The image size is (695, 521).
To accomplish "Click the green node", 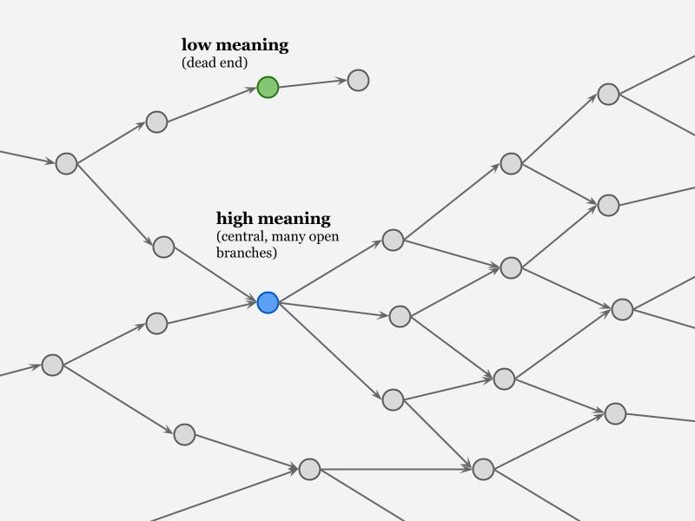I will tap(268, 87).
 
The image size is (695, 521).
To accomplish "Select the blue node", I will tap(268, 302).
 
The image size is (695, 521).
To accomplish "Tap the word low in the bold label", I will tap(195, 44).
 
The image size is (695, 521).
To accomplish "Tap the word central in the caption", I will tap(242, 236).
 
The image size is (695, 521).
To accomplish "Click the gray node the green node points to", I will tap(358, 81).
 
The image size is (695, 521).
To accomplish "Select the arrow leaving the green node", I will tap(313, 84).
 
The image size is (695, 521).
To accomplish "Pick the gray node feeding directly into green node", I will tap(156, 122).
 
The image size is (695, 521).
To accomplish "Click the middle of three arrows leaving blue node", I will tap(334, 309).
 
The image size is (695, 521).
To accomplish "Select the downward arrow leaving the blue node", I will tap(330, 351).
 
